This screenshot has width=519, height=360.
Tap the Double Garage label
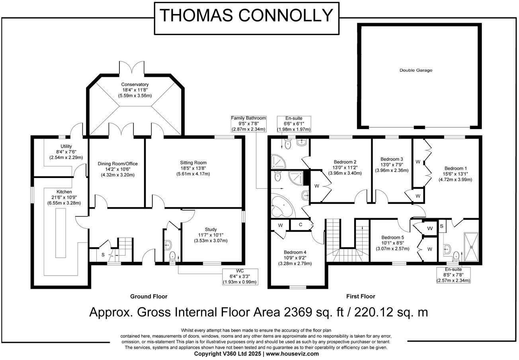[416, 70]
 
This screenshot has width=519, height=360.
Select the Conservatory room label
[135, 84]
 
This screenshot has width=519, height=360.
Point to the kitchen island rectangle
[60, 233]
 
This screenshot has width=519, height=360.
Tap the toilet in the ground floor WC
[172, 257]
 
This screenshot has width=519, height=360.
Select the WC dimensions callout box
[240, 276]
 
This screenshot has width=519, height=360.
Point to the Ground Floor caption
[149, 297]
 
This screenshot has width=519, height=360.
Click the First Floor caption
[361, 297]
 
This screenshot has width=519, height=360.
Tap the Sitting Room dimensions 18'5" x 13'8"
[193, 168]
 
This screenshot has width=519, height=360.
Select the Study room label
[211, 229]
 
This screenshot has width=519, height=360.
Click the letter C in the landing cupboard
[300, 225]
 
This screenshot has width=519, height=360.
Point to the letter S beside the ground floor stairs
[103, 255]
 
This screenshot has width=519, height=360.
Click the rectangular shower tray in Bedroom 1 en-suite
[471, 247]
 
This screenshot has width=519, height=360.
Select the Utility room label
[66, 146]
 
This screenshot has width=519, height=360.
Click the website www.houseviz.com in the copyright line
[292, 354]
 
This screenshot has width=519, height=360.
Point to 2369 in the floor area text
[298, 312]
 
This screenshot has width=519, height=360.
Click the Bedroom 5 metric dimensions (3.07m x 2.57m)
[392, 249]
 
